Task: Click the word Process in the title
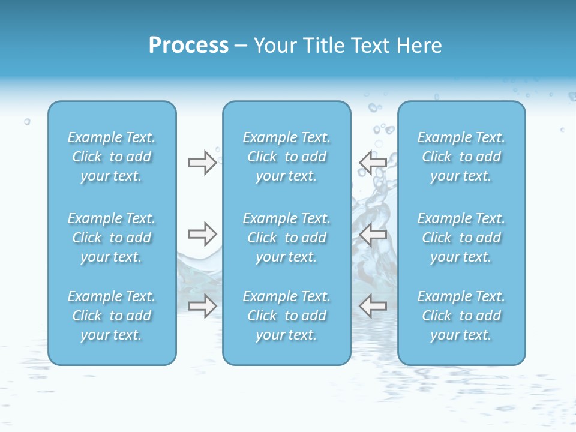[x=188, y=46]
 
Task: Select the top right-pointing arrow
[x=202, y=163]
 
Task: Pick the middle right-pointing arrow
[x=202, y=234]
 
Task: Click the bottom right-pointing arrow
[x=202, y=306]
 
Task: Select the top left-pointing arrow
[x=373, y=163]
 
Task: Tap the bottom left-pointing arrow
[x=373, y=306]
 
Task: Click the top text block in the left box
[x=112, y=157]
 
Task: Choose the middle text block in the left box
[x=112, y=238]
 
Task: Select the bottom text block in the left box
[x=112, y=316]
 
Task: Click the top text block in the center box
[x=286, y=157]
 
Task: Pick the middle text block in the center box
[x=286, y=238]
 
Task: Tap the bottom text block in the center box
[x=286, y=316]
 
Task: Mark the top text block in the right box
[x=461, y=157]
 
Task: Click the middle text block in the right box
[x=461, y=238]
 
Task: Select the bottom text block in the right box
[x=461, y=316]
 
